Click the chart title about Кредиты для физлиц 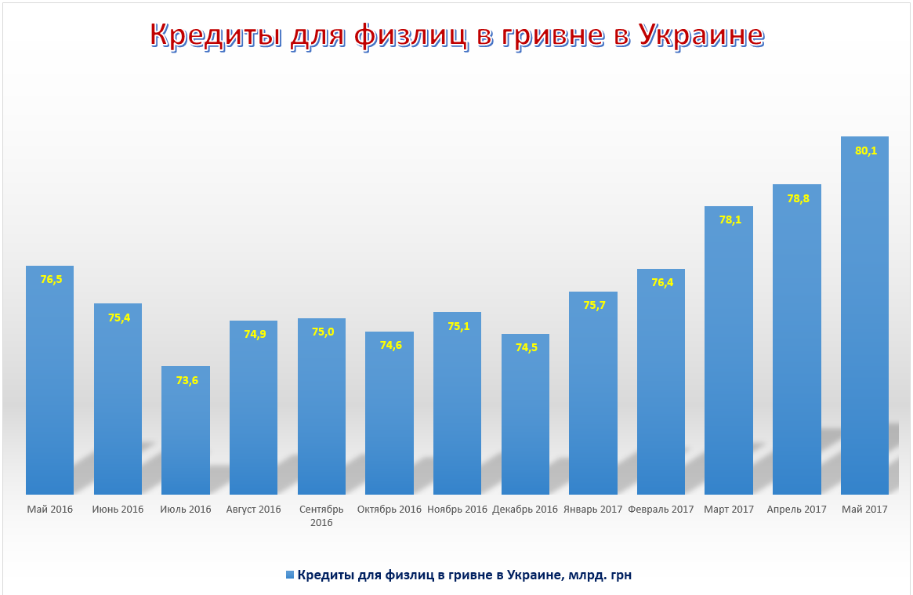456,35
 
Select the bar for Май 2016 49,384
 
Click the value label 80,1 865,151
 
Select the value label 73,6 187,380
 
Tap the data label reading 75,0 322,332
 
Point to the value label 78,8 798,198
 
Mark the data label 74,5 526,348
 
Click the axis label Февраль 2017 661,510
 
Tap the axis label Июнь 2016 118,510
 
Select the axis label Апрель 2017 797,510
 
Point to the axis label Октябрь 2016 389,510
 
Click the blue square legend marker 290,575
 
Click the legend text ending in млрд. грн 465,575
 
